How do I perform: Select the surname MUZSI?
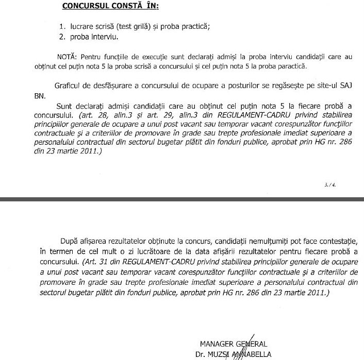(222, 354)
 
